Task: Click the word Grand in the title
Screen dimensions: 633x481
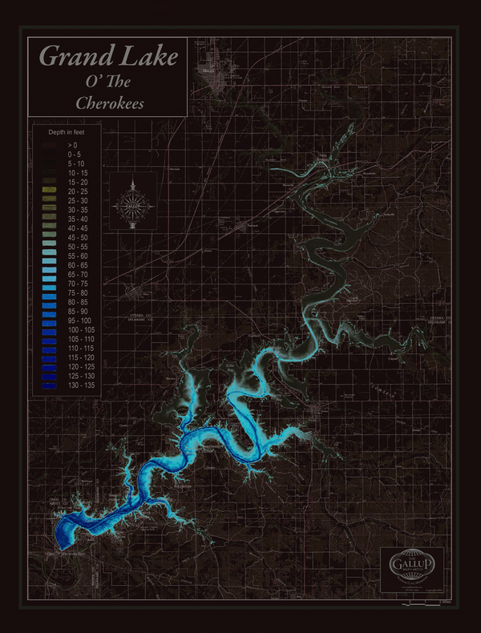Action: coord(69,56)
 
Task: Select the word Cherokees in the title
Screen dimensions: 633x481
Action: coord(109,103)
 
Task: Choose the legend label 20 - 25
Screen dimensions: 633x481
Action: coord(77,192)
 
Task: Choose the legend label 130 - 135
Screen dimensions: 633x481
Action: coord(80,386)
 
